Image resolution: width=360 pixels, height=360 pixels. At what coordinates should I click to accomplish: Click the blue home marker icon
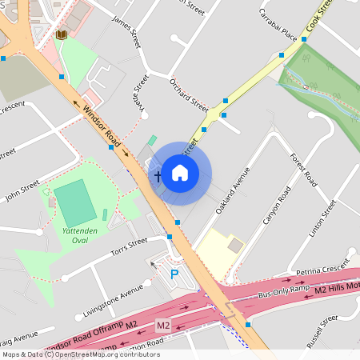(180, 172)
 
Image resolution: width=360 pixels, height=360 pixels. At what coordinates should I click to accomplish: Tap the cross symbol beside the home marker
(158, 174)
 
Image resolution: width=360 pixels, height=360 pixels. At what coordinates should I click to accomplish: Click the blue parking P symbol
(174, 274)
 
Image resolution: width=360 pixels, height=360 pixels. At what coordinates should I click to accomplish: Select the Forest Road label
(304, 170)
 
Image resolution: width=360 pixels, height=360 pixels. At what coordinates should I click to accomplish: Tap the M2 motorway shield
(163, 326)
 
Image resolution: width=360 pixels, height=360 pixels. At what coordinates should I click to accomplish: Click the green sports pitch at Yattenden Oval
(74, 203)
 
